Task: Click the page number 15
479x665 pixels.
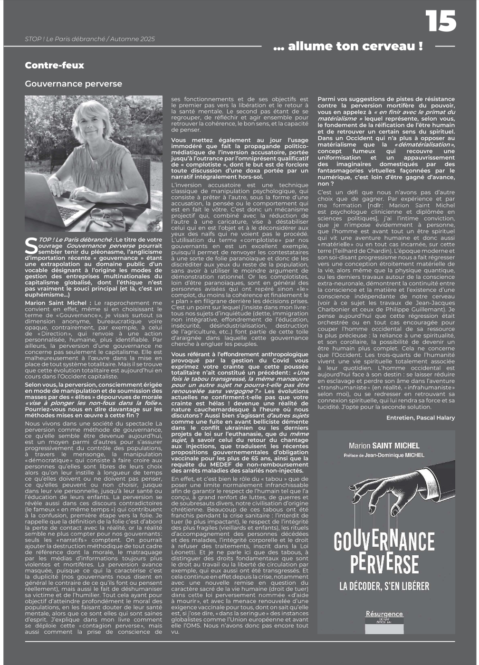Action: click(x=441, y=22)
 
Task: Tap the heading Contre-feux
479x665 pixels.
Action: click(x=54, y=66)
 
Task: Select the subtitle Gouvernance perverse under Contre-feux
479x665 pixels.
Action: click(x=73, y=84)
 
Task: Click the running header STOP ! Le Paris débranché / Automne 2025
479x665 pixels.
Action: click(x=90, y=39)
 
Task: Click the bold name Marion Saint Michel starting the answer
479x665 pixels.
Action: click(x=56, y=303)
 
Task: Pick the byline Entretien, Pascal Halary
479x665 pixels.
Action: click(x=420, y=418)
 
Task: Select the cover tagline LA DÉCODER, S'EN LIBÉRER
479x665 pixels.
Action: click(x=384, y=586)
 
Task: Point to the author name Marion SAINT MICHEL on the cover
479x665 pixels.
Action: click(x=384, y=446)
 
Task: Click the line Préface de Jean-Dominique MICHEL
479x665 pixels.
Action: click(x=384, y=455)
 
